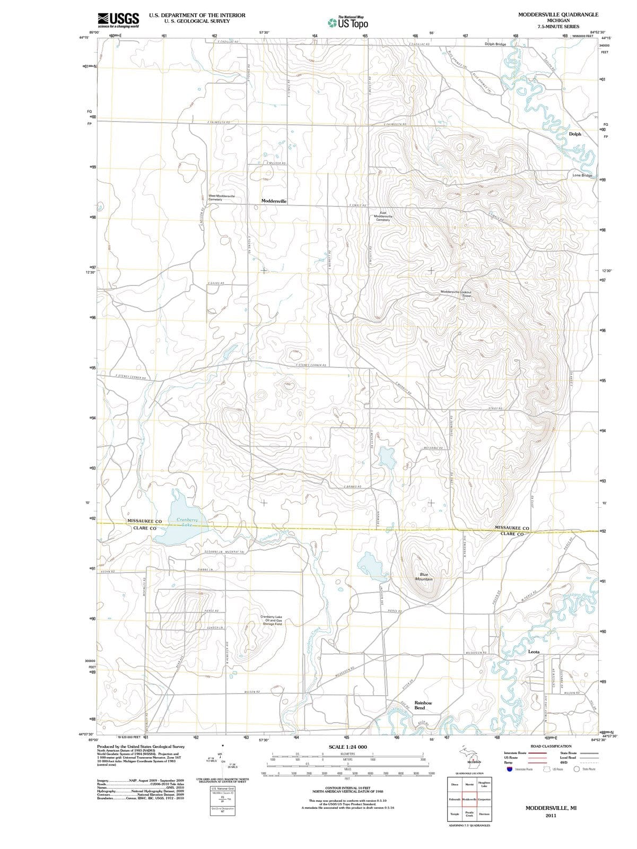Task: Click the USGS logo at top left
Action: (x=118, y=20)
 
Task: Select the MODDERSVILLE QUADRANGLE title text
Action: (x=558, y=14)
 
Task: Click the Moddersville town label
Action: (x=274, y=201)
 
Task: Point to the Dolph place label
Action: (x=575, y=134)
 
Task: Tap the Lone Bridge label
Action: (x=582, y=175)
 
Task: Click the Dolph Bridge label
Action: (x=495, y=44)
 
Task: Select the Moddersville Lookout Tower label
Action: (x=457, y=293)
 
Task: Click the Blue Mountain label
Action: (x=424, y=577)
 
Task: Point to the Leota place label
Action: (x=534, y=651)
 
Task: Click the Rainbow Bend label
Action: (x=423, y=705)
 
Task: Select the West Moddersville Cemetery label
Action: (x=221, y=197)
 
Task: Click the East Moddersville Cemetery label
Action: (x=383, y=216)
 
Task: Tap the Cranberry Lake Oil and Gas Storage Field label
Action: (x=271, y=620)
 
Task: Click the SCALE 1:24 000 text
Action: (x=347, y=747)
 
